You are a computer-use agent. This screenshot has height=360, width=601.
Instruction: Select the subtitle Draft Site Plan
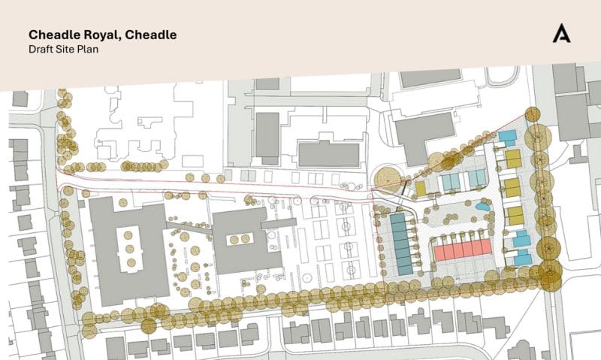point(64,49)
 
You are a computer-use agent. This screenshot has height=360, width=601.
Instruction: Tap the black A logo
point(560,34)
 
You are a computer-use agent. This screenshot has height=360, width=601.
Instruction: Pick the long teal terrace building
point(401,243)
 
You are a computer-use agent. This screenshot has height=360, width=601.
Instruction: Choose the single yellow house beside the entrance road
point(421,187)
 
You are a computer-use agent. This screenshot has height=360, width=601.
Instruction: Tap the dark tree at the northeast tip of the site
point(533,114)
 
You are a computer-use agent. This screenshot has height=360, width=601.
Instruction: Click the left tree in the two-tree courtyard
point(234,240)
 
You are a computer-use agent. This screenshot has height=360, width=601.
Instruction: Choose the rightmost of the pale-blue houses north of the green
point(478,179)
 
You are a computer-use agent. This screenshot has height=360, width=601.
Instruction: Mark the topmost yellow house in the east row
point(513,159)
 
